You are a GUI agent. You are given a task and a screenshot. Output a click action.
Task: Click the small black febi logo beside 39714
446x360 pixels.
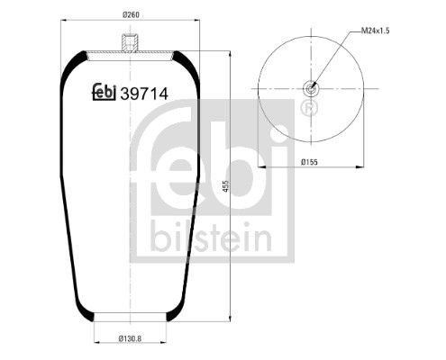105,92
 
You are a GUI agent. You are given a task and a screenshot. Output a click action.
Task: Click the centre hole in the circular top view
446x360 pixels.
311,88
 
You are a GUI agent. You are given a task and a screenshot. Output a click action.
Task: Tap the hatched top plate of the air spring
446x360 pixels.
131,55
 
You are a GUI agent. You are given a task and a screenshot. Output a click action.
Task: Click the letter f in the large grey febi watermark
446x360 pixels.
166,162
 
